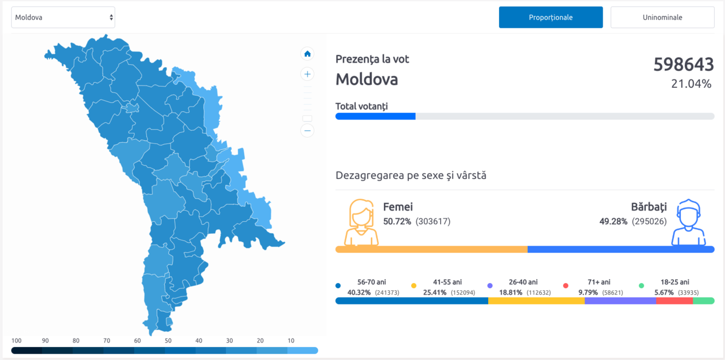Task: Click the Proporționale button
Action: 551,17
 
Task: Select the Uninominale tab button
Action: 662,17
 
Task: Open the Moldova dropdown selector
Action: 63,17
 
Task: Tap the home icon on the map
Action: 307,54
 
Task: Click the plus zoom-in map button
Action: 307,74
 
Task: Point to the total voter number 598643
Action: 684,65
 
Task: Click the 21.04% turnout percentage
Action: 691,84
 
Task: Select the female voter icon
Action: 361,222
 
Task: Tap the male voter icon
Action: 688,222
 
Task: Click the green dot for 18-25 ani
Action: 641,286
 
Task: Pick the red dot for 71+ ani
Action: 565,286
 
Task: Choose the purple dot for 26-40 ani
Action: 490,286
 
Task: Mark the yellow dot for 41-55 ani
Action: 413,286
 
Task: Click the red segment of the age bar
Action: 675,301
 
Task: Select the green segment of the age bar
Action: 703,301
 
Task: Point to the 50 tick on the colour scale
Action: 168,341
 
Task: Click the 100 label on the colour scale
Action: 16,341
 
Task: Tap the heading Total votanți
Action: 361,106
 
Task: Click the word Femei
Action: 398,207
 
